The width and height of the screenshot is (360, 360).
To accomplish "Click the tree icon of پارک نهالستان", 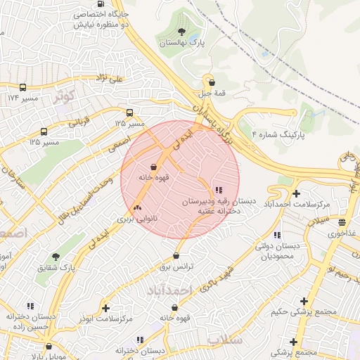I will click(182, 32).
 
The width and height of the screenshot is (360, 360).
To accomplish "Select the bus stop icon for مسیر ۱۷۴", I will click(23, 88).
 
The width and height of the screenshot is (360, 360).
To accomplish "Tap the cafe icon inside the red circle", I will click(153, 167).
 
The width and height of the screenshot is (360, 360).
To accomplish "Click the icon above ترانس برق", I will click(175, 255).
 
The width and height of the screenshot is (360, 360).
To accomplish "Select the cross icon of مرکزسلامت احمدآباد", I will click(296, 193).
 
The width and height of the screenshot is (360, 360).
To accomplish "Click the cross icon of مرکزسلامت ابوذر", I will click(105, 308).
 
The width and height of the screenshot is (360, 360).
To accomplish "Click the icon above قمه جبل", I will click(209, 82).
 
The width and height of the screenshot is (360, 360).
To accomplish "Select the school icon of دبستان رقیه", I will click(218, 190).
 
